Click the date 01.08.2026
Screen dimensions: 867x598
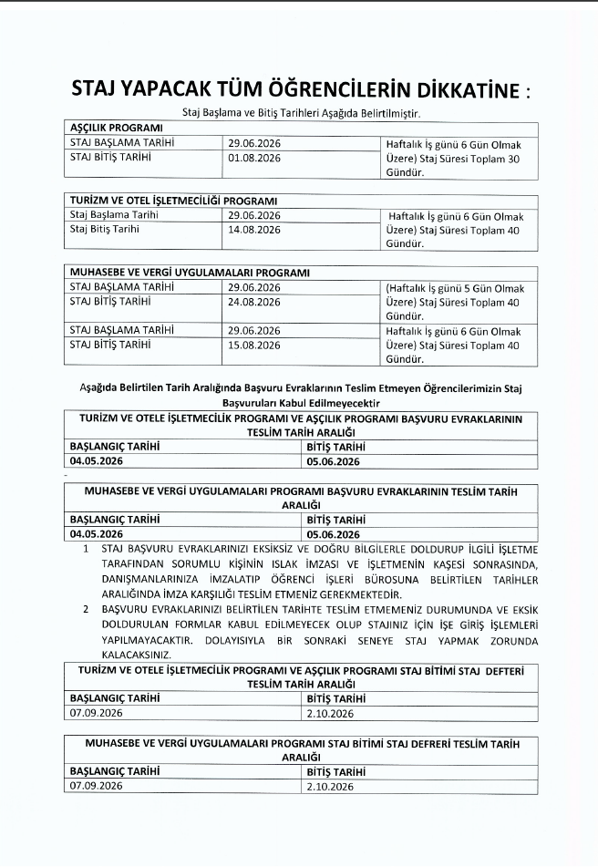click(254, 158)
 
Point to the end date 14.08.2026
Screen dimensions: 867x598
click(254, 230)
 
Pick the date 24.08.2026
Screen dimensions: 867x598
click(254, 301)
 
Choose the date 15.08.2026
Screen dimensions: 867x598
click(254, 345)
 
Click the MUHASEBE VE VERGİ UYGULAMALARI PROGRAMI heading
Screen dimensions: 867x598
click(190, 273)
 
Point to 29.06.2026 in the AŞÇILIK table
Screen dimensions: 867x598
click(254, 143)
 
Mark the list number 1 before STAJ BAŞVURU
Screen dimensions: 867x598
click(86, 550)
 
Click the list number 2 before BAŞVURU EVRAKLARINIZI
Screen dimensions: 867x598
click(86, 607)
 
